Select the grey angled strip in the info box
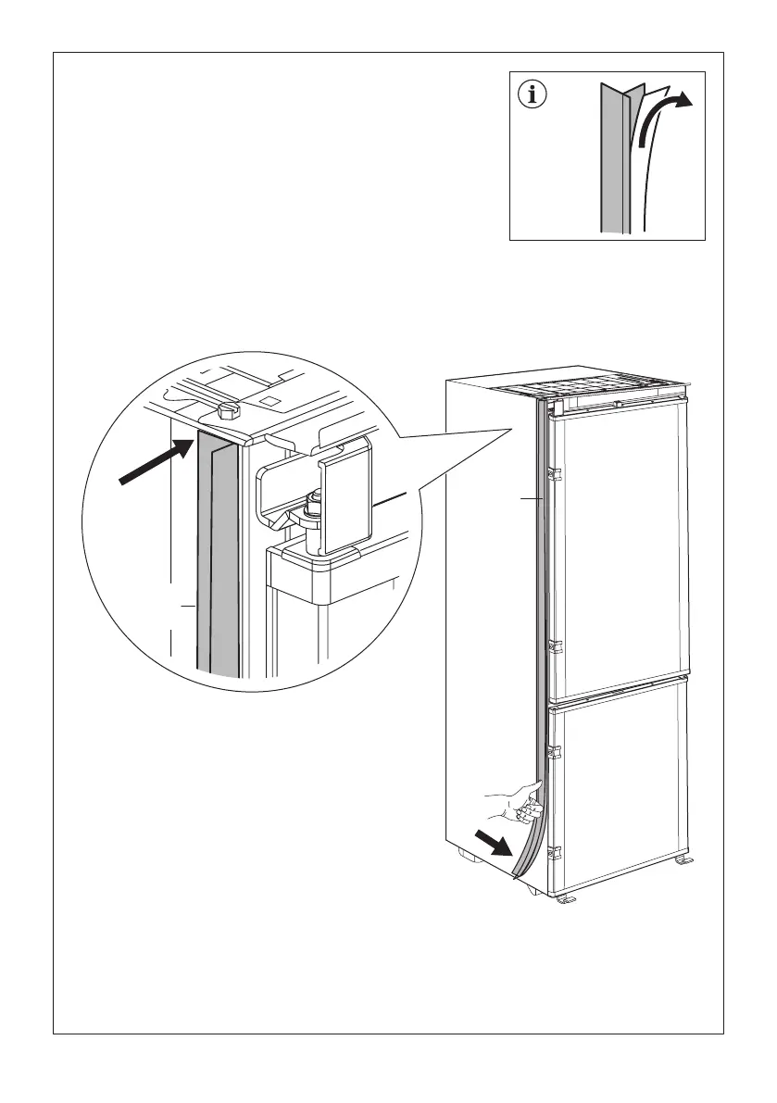613,157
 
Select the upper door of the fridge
619,546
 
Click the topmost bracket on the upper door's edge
554,473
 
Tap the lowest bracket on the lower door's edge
554,851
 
